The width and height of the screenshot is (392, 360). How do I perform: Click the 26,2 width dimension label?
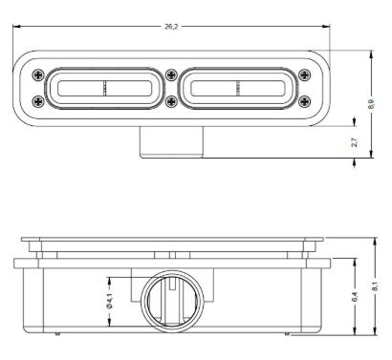(x=171, y=27)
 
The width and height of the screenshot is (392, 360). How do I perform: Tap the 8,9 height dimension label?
(x=371, y=104)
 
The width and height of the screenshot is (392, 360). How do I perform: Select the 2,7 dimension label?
(x=355, y=142)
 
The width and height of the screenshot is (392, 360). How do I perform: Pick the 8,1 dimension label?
(x=376, y=286)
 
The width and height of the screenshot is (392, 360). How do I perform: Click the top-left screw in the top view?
(x=38, y=75)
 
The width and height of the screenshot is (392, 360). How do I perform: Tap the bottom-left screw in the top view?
(x=38, y=101)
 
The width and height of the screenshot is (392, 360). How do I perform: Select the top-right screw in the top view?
(x=305, y=75)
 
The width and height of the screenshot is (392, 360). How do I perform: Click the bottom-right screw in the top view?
(x=305, y=101)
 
